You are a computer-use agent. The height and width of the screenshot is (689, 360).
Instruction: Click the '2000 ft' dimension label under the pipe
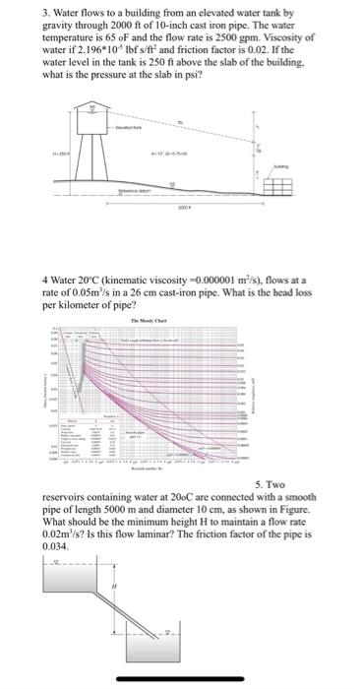[x=183, y=211]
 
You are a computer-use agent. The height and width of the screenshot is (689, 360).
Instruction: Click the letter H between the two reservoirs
[x=114, y=588]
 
